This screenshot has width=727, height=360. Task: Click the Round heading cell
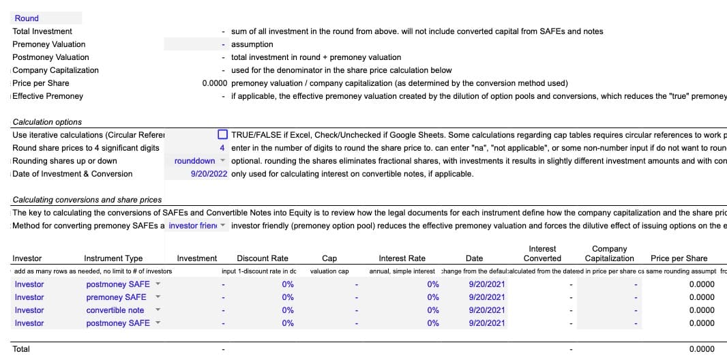[x=27, y=18]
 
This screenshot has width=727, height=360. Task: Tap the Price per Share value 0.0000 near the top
[x=215, y=83]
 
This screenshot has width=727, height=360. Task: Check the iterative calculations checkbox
[x=222, y=135]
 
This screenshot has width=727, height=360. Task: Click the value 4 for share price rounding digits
[x=222, y=148]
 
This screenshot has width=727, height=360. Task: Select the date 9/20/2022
[x=208, y=174]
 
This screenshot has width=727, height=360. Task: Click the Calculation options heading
[x=47, y=122]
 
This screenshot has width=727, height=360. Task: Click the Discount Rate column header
[x=263, y=258]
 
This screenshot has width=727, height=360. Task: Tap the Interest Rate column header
[x=402, y=258]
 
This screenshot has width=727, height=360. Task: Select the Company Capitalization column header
[x=609, y=254]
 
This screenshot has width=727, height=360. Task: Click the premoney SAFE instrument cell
[x=116, y=297]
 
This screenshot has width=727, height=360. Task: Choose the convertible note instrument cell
[x=115, y=310]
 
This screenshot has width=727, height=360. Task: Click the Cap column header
[x=329, y=258]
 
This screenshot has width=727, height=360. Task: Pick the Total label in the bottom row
[x=21, y=349]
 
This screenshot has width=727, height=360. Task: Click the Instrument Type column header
[x=113, y=258]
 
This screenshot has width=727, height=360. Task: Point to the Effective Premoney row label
[x=48, y=96]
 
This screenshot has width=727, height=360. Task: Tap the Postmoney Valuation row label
[x=50, y=57]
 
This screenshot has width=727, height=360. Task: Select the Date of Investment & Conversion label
[x=72, y=174]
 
